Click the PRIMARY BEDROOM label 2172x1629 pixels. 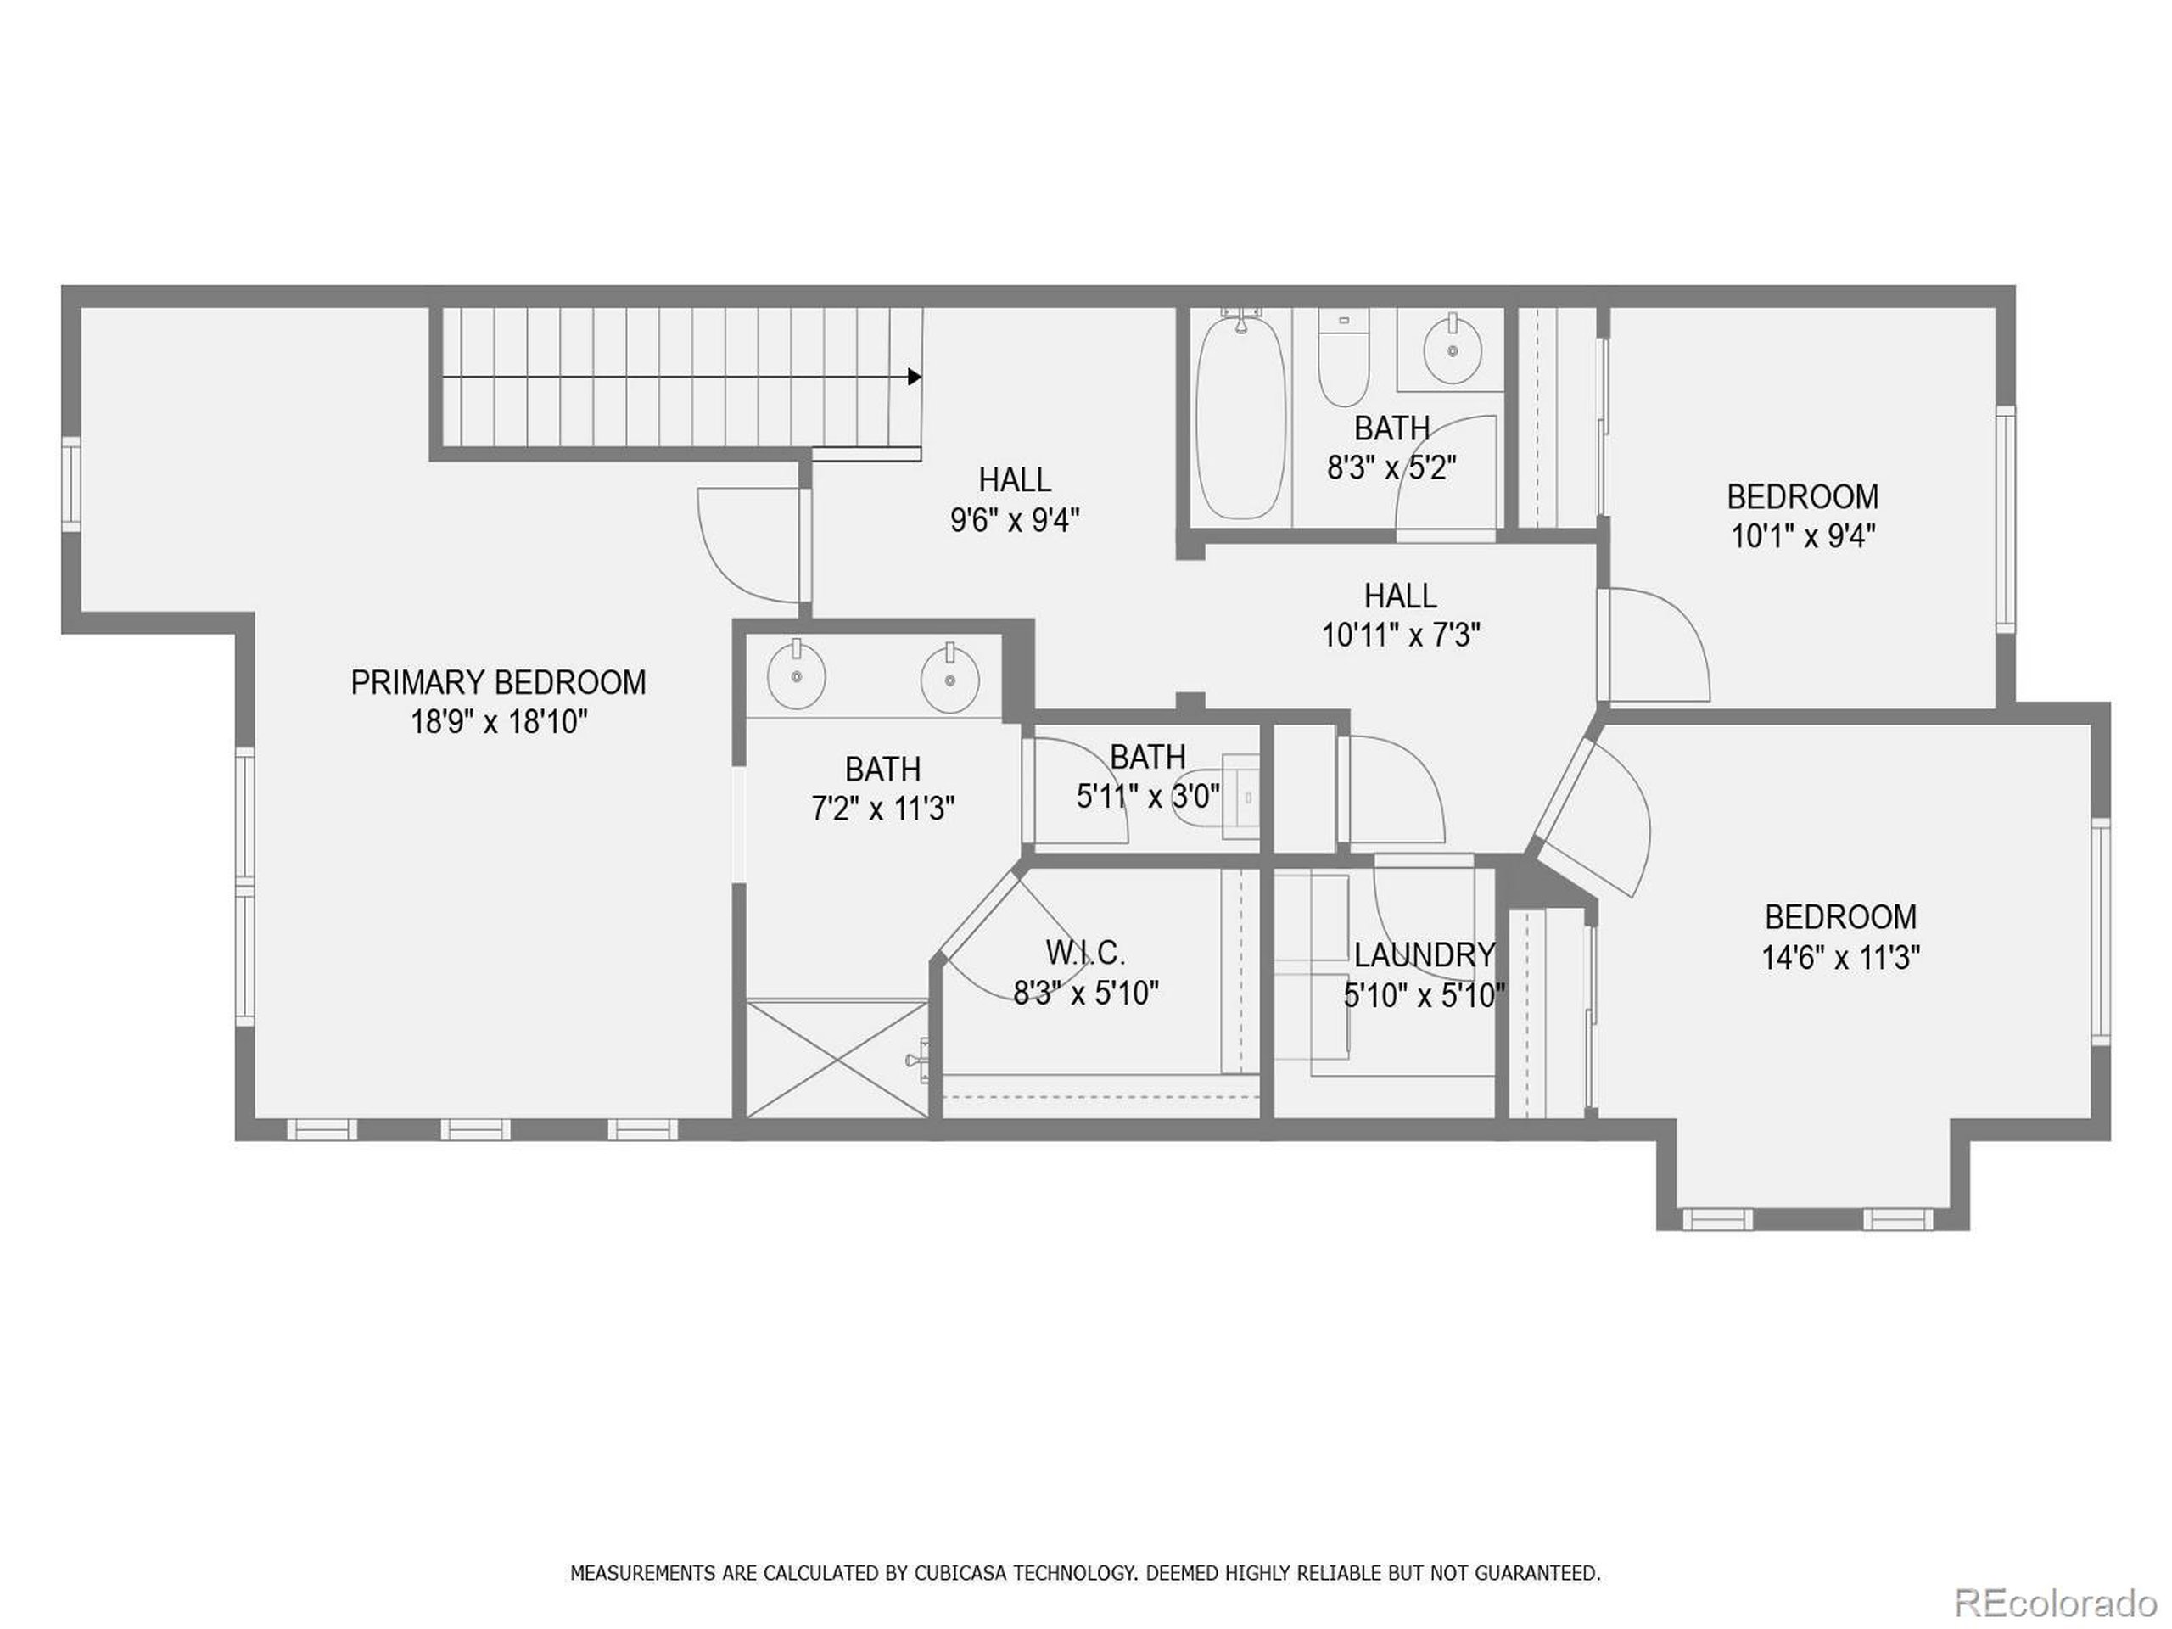click(498, 682)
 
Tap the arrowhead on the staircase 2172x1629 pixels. click(914, 376)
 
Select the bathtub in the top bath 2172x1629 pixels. click(1240, 417)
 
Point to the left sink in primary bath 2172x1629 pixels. click(797, 675)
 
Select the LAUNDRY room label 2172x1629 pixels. click(1424, 954)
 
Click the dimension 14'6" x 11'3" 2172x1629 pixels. click(1840, 957)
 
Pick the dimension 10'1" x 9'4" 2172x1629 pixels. click(1803, 537)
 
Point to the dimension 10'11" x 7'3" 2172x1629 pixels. click(1400, 636)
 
